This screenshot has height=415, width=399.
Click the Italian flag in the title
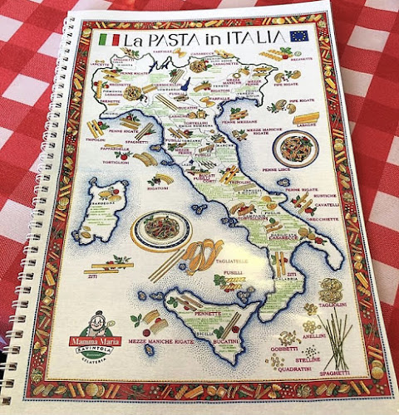pos(109,39)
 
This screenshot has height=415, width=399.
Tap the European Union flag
pos(298,36)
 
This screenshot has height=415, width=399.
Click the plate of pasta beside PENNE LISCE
pos(295,149)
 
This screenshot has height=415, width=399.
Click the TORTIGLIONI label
pos(116,162)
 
